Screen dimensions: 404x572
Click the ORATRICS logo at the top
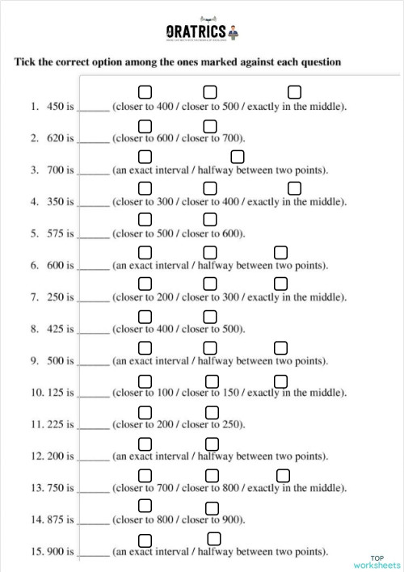click(202, 32)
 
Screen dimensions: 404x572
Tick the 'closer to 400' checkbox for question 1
click(145, 91)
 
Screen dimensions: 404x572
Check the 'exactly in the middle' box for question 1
click(295, 91)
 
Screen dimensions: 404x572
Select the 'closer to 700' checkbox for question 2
click(210, 125)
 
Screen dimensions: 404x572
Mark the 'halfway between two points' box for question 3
click(237, 156)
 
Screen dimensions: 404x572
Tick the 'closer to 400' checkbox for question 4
click(210, 188)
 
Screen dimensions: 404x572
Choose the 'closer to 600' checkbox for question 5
click(210, 220)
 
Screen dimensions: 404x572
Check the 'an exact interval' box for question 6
click(145, 252)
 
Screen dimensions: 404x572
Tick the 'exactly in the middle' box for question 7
click(281, 284)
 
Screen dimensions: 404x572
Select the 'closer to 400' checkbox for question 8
click(145, 316)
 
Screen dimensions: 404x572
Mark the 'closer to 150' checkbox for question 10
click(210, 380)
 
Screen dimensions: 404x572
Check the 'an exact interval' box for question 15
click(145, 540)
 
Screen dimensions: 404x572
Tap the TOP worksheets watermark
click(377, 561)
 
